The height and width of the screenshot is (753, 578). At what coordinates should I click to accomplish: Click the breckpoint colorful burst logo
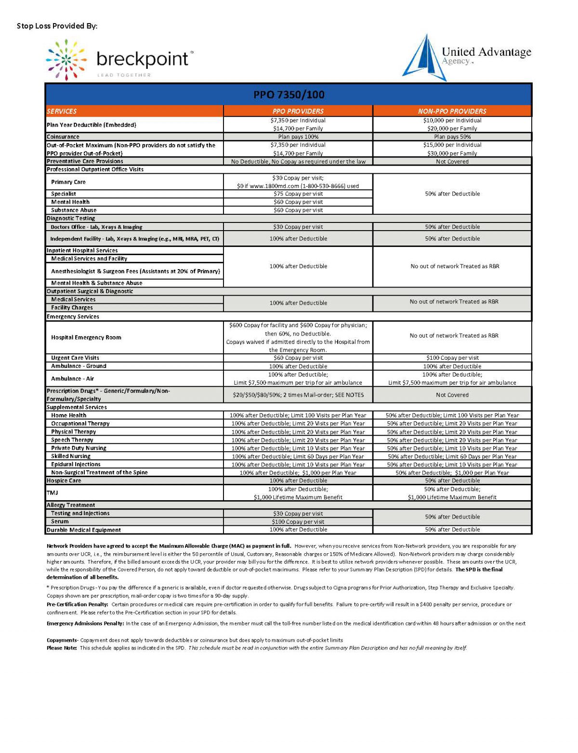click(x=66, y=60)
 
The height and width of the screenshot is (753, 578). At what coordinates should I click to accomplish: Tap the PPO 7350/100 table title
click(x=289, y=94)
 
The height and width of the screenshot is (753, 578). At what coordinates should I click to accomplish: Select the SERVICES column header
click(x=62, y=111)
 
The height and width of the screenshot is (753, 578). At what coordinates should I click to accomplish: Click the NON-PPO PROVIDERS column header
click(x=452, y=111)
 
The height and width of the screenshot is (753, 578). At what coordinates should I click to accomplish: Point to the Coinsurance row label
click(x=63, y=137)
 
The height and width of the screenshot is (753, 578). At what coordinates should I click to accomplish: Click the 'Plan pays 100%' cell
click(x=298, y=137)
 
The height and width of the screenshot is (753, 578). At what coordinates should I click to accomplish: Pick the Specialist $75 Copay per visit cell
click(x=298, y=194)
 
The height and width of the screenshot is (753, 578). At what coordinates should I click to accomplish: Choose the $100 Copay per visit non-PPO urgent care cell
click(x=452, y=358)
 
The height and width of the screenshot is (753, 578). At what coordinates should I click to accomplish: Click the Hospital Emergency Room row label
click(x=86, y=338)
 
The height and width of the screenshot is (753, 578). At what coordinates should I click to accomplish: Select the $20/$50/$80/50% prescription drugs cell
click(x=298, y=395)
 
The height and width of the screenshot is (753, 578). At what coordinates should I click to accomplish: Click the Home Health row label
click(x=69, y=415)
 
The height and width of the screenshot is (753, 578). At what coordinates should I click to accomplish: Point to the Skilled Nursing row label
click(x=71, y=456)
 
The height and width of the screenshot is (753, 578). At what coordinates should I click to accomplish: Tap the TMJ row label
click(x=52, y=493)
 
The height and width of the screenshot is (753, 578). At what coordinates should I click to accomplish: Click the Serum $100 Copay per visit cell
click(x=298, y=522)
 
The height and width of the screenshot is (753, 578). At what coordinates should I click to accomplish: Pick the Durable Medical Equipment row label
click(x=84, y=530)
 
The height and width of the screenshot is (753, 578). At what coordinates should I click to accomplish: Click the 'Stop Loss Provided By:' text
click(x=57, y=26)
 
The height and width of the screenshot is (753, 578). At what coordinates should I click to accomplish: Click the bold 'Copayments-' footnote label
click(x=62, y=640)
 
